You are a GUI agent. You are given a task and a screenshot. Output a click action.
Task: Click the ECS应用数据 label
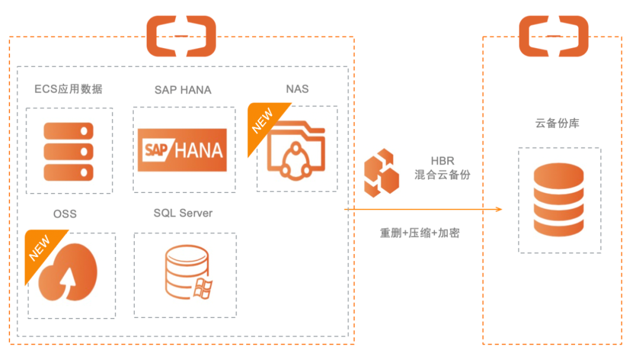(69, 89)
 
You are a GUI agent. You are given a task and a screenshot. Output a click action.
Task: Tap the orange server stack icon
(69, 151)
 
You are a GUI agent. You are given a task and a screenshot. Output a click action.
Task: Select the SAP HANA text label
(183, 90)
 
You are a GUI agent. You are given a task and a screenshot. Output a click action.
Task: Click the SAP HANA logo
(182, 150)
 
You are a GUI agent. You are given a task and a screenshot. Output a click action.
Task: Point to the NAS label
(297, 89)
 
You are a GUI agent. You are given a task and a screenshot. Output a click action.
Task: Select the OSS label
(65, 214)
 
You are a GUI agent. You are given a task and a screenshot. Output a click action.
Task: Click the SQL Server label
(183, 213)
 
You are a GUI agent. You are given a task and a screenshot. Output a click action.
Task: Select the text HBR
(443, 162)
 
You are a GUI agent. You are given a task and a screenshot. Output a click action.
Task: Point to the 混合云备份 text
(443, 175)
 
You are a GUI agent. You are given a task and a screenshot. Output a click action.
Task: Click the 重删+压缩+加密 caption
(419, 233)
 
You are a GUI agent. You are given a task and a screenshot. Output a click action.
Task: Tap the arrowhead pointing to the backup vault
(499, 210)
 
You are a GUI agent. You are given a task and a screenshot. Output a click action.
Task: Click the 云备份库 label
(557, 124)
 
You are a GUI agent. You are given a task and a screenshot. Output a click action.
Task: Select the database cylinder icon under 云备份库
(558, 200)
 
